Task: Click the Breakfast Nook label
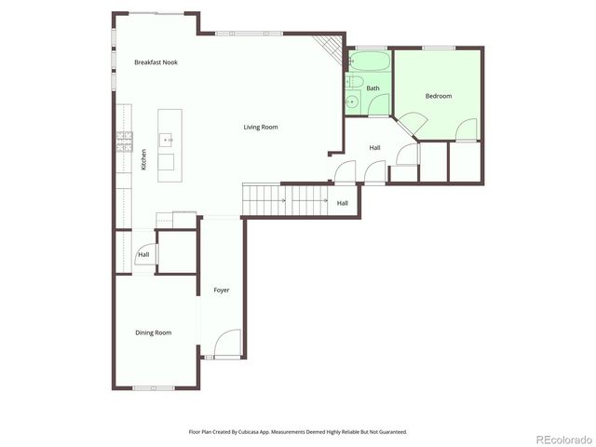(156, 62)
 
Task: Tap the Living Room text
(261, 127)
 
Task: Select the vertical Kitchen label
(144, 160)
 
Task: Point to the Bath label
(372, 88)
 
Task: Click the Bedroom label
(439, 96)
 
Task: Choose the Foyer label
(222, 290)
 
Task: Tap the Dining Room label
(154, 332)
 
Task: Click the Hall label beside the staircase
(342, 203)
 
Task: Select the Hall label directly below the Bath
(374, 147)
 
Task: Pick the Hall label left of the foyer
(143, 254)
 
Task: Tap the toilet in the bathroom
(352, 102)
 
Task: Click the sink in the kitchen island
(168, 141)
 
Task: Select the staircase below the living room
(284, 199)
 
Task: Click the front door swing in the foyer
(228, 345)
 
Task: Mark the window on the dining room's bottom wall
(154, 387)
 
